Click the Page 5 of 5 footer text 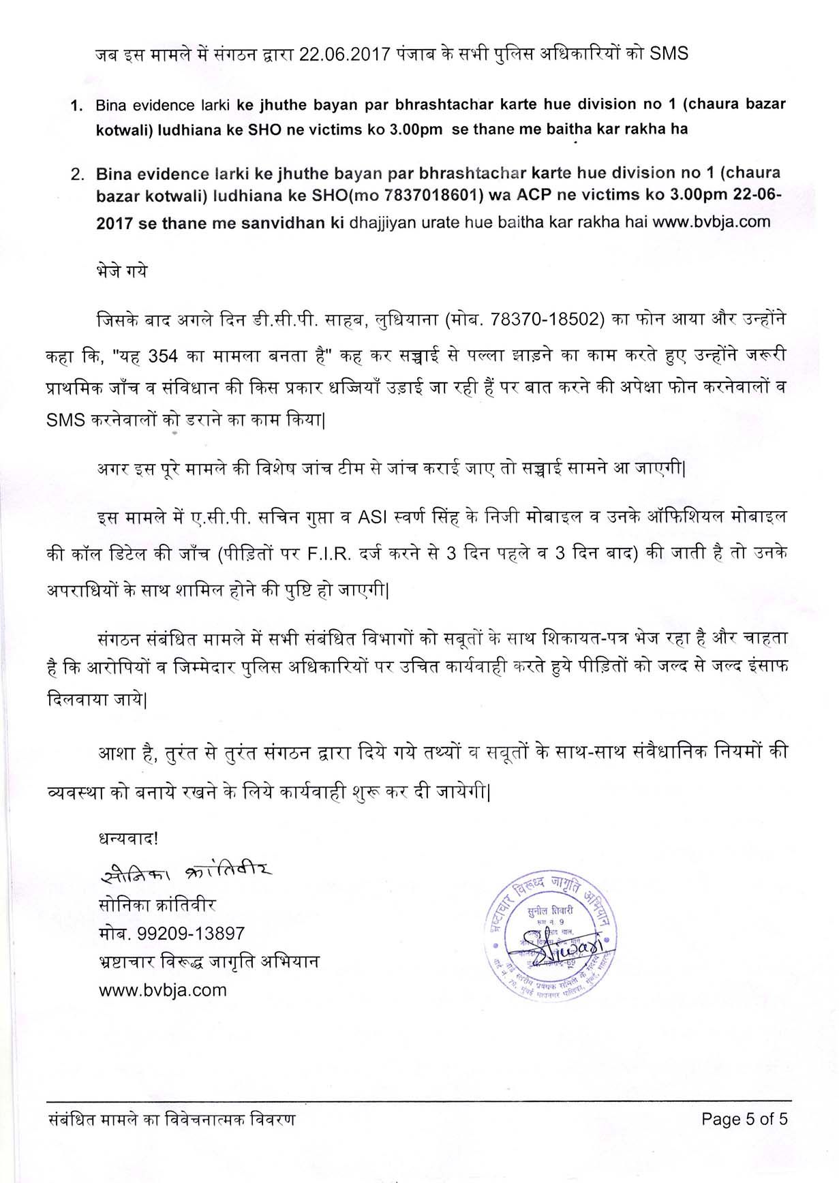[x=744, y=1119]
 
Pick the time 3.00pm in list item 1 [x=411, y=129]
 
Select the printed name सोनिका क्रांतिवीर [x=157, y=905]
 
